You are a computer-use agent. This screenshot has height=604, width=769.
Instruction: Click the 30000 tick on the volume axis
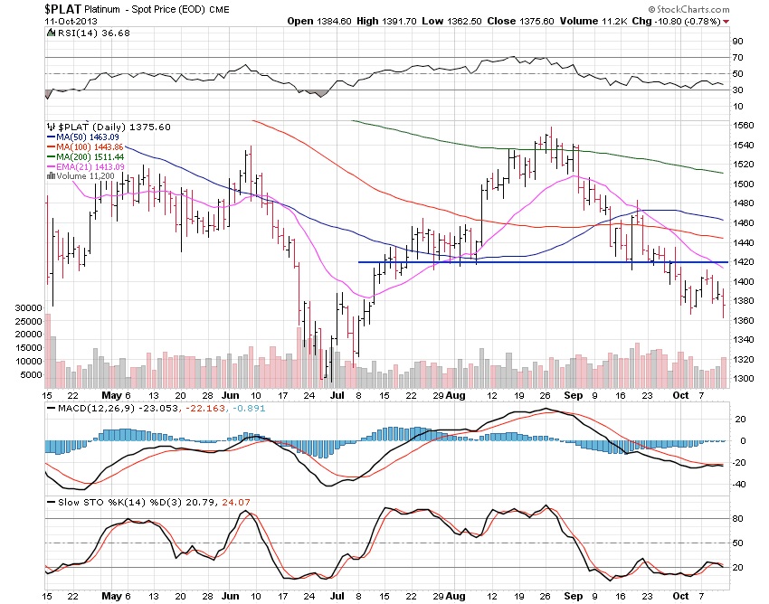(x=27, y=308)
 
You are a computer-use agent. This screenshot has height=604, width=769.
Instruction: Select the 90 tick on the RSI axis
(x=737, y=42)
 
